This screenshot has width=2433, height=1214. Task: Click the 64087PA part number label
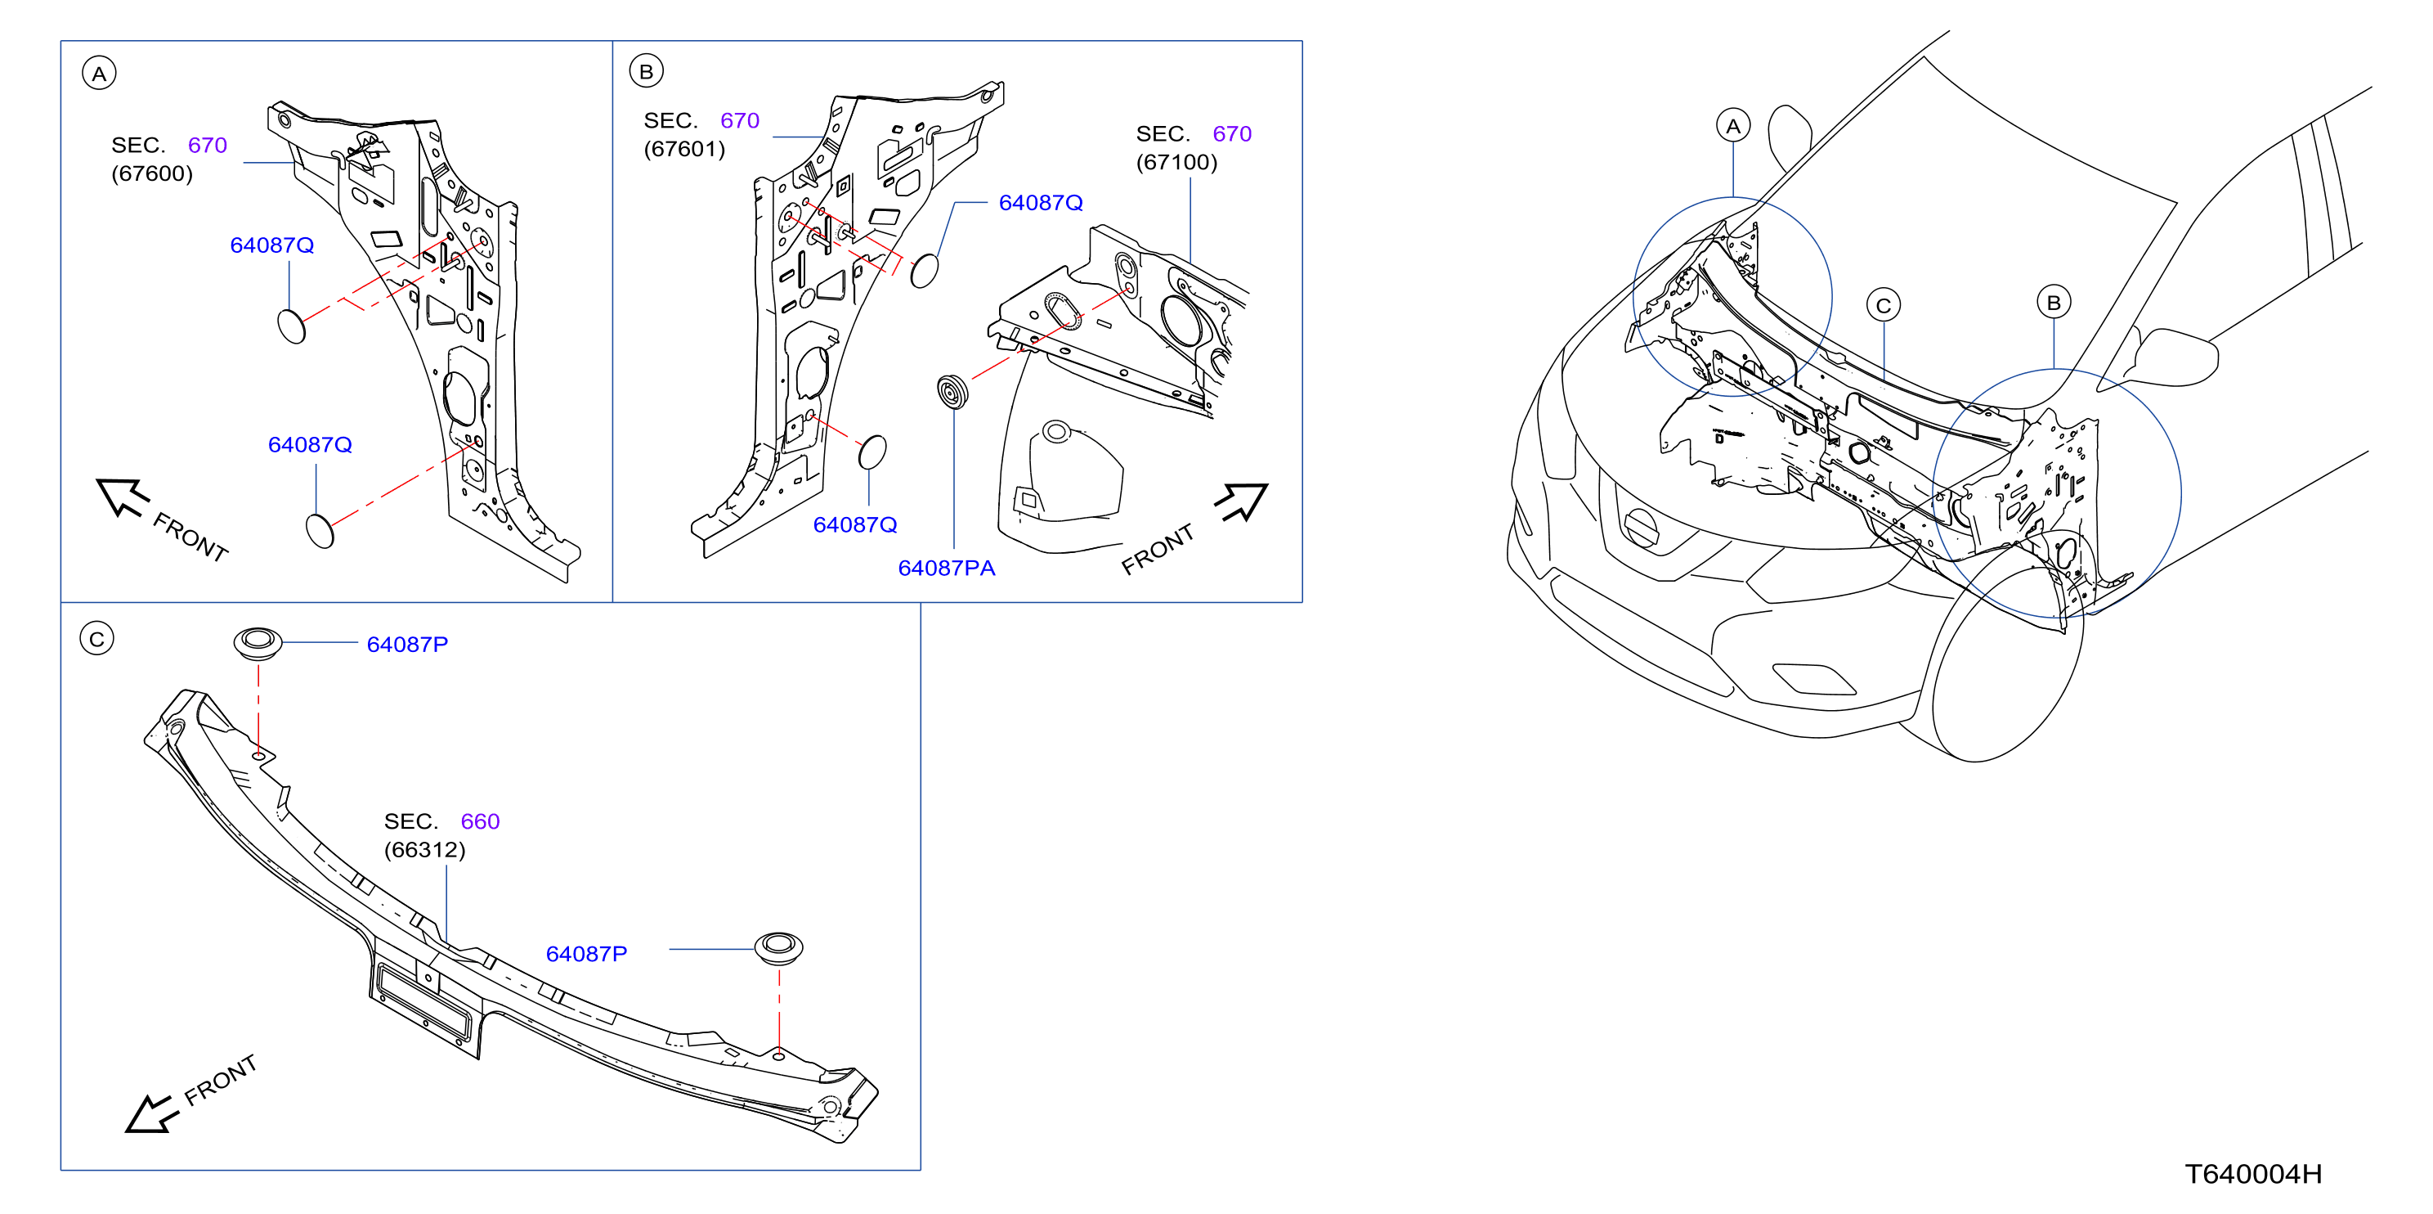tap(947, 568)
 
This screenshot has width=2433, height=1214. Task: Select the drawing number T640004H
tap(2252, 1173)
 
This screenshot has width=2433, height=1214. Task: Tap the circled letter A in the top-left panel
tap(99, 73)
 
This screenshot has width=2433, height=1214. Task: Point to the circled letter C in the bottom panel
tap(96, 639)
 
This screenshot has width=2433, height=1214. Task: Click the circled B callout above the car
tap(2054, 303)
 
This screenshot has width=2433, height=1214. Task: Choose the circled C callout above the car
tap(1884, 305)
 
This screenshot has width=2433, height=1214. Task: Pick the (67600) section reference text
tap(152, 173)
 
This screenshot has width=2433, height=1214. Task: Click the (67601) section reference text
tap(685, 149)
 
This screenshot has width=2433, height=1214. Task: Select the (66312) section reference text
tap(425, 849)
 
